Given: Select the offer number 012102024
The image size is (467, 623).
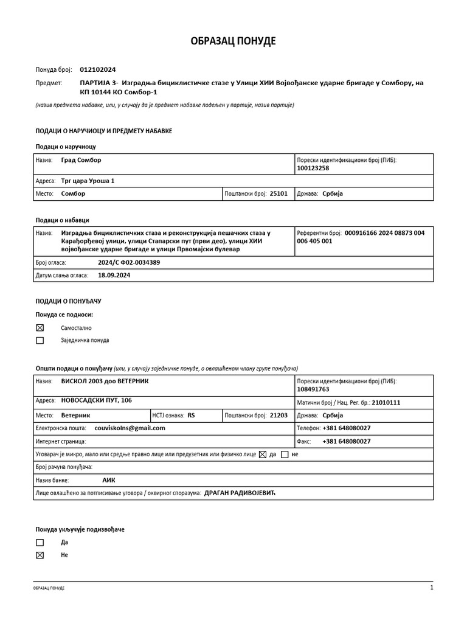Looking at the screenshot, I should (97, 70).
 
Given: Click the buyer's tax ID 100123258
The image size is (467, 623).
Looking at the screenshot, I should (313, 168).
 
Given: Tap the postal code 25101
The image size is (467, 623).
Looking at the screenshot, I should (278, 193).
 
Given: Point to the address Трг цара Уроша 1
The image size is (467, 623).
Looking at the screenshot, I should (88, 181).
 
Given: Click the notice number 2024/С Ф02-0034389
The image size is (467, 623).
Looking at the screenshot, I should (129, 262).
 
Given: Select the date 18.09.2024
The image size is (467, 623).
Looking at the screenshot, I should (114, 275).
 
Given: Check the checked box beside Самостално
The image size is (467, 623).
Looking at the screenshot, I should (40, 327).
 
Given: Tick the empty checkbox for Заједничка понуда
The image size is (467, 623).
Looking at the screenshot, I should (40, 341).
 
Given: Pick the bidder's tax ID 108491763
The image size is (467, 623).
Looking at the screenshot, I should (313, 389).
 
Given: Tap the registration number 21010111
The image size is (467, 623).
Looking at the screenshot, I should (386, 403).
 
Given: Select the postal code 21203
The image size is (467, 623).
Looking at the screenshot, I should (278, 415).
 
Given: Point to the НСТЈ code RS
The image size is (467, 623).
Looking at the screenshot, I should (192, 415).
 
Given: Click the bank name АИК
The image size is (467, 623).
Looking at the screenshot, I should (109, 479).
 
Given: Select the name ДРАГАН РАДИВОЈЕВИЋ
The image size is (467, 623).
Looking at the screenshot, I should (240, 492).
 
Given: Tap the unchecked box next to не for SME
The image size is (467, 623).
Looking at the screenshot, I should (285, 454).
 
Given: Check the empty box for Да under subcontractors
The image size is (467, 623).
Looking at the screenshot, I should (40, 542).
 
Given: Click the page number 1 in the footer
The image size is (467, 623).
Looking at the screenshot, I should (432, 588).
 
